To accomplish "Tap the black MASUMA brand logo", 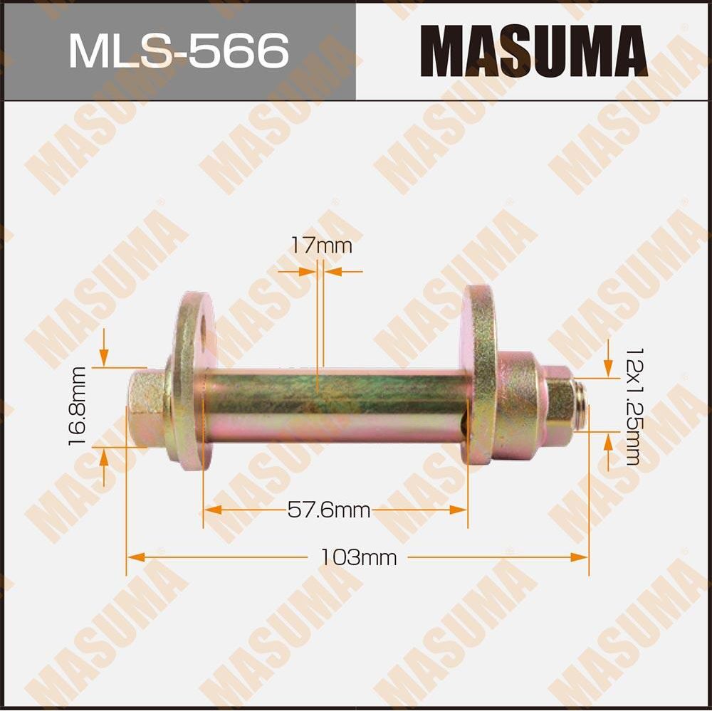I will [533, 51].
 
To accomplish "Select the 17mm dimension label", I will [321, 247].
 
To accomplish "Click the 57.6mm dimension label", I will [328, 510].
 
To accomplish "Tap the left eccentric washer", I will [189, 381].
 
